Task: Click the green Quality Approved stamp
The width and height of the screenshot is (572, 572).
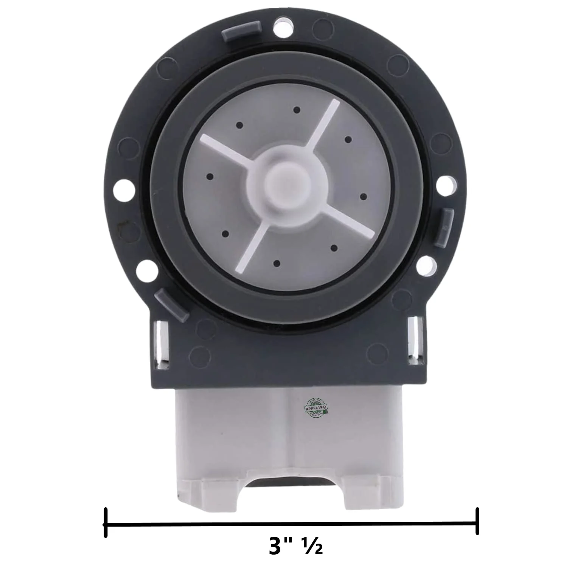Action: coord(316,407)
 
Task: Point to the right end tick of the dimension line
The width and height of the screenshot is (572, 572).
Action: coord(478,521)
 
